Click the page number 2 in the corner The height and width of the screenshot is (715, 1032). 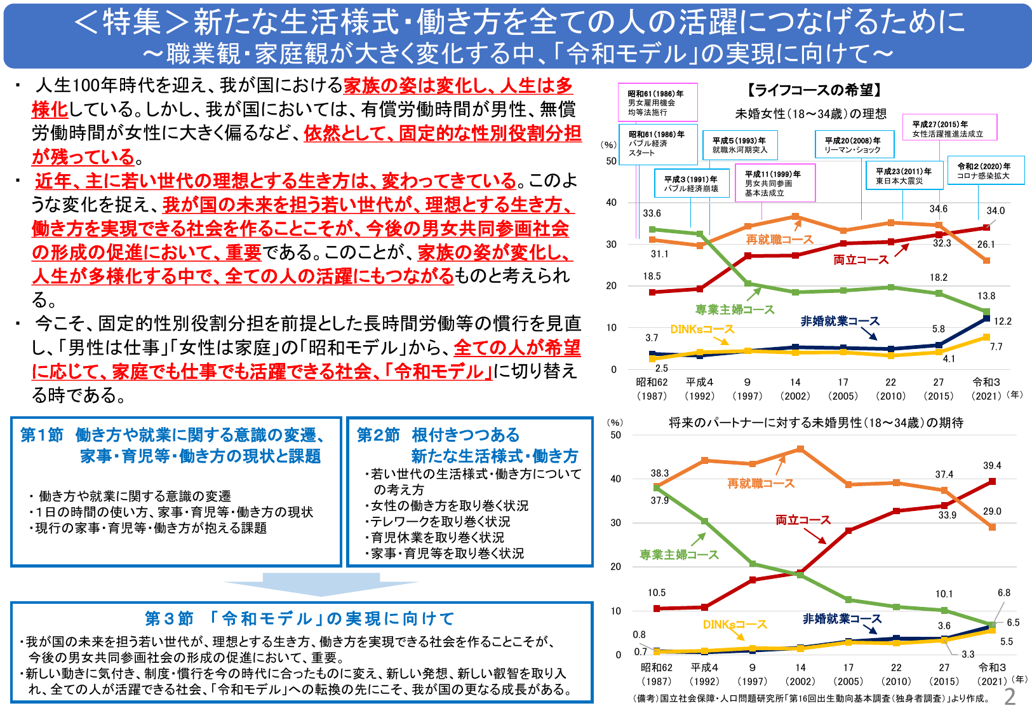coord(1010,697)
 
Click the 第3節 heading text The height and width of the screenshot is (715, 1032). coord(300,618)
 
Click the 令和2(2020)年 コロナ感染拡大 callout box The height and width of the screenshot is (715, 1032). coord(986,172)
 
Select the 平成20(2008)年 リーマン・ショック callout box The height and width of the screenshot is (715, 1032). coord(854,145)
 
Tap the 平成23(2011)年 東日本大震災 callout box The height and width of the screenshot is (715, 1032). coord(903,176)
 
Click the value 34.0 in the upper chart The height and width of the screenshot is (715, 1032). coord(995,211)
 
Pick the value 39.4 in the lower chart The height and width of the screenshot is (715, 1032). coord(992,466)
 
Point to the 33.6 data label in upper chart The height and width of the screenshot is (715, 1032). coord(652,214)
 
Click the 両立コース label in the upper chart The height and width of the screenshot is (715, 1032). coord(861,260)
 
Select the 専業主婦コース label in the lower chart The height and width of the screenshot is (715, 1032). coord(679,555)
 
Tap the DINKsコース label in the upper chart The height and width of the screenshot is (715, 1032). coord(702,329)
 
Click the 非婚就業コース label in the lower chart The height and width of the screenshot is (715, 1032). coord(842,619)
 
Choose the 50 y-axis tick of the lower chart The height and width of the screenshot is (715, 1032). coord(615,435)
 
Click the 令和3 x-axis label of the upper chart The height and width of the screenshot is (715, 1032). coord(986,383)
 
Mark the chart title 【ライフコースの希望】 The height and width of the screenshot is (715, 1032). coord(814,90)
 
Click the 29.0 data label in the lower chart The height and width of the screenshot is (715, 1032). coord(992,512)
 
